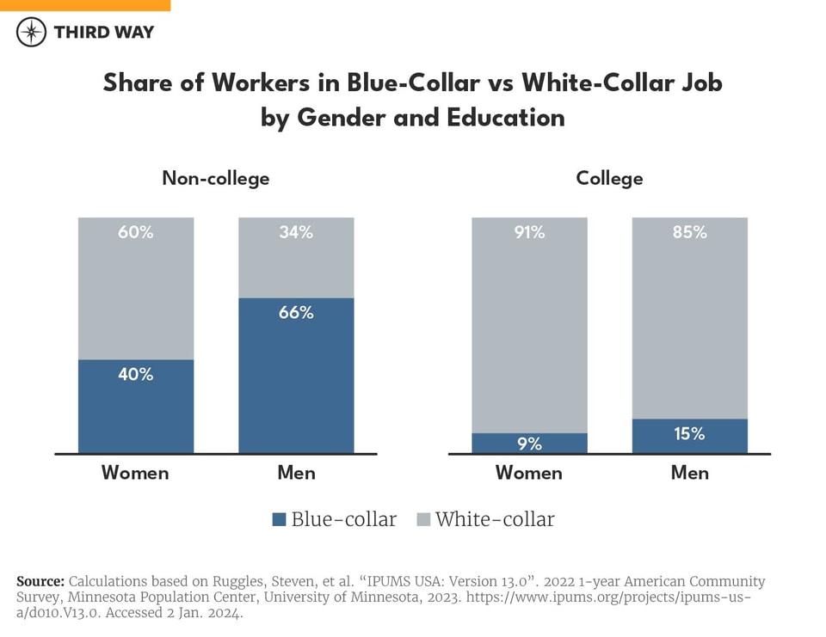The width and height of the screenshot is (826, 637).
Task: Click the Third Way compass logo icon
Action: click(32, 32)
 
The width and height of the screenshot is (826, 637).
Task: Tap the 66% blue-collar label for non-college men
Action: click(296, 313)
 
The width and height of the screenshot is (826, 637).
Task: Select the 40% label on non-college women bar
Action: click(136, 374)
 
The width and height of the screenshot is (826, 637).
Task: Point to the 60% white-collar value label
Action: click(136, 232)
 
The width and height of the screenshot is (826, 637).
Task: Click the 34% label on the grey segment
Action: click(296, 232)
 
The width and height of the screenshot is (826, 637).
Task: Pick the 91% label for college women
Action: click(529, 232)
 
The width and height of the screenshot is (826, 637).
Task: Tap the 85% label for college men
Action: click(689, 232)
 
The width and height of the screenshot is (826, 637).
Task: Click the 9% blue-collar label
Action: click(529, 444)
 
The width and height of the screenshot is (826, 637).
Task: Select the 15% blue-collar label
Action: click(689, 434)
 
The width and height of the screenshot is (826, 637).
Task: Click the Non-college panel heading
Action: click(216, 179)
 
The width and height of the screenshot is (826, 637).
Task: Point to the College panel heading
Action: click(609, 179)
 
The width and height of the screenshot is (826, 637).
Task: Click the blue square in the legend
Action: click(279, 519)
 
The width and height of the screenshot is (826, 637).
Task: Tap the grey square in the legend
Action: click(422, 519)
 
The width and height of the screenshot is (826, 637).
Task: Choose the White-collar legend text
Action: click(495, 519)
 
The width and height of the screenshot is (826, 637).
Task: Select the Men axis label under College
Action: click(689, 473)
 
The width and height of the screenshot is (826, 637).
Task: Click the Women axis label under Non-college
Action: click(135, 473)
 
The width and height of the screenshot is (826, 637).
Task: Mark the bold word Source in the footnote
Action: click(40, 581)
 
